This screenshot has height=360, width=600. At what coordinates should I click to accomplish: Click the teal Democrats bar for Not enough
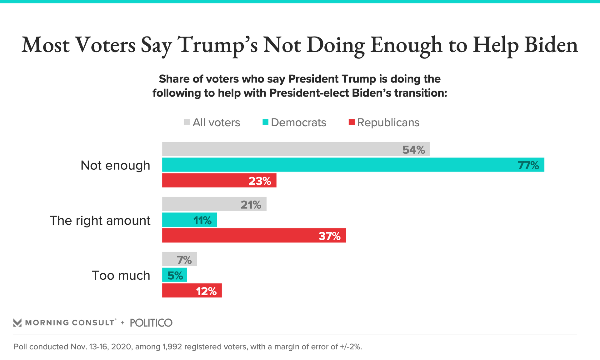coord(353,165)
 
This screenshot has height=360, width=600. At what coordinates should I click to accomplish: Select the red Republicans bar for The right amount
coord(254,235)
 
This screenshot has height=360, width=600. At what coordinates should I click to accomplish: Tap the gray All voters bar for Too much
coord(179,259)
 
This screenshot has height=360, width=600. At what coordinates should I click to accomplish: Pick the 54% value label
coord(413,150)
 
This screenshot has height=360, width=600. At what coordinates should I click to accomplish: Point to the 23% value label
coord(260,181)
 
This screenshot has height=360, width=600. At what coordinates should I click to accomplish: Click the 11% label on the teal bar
coord(202,220)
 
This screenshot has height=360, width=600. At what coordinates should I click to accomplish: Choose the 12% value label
coord(206,291)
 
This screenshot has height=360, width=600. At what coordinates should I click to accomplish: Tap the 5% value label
coord(175,275)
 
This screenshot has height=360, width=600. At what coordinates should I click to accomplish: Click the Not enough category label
coord(115,165)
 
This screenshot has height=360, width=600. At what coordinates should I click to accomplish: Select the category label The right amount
coord(100,220)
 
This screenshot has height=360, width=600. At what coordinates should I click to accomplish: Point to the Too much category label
coord(121,275)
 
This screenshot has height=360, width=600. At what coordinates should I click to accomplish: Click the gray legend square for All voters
coord(187,122)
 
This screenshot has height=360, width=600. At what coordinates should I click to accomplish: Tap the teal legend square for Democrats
coord(265,122)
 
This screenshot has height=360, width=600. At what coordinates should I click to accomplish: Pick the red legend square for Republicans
coord(352,122)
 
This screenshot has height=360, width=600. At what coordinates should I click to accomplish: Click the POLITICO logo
coord(151,322)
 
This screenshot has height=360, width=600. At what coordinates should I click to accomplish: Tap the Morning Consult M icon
coord(17,322)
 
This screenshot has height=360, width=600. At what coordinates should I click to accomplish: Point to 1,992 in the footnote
coord(172,347)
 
